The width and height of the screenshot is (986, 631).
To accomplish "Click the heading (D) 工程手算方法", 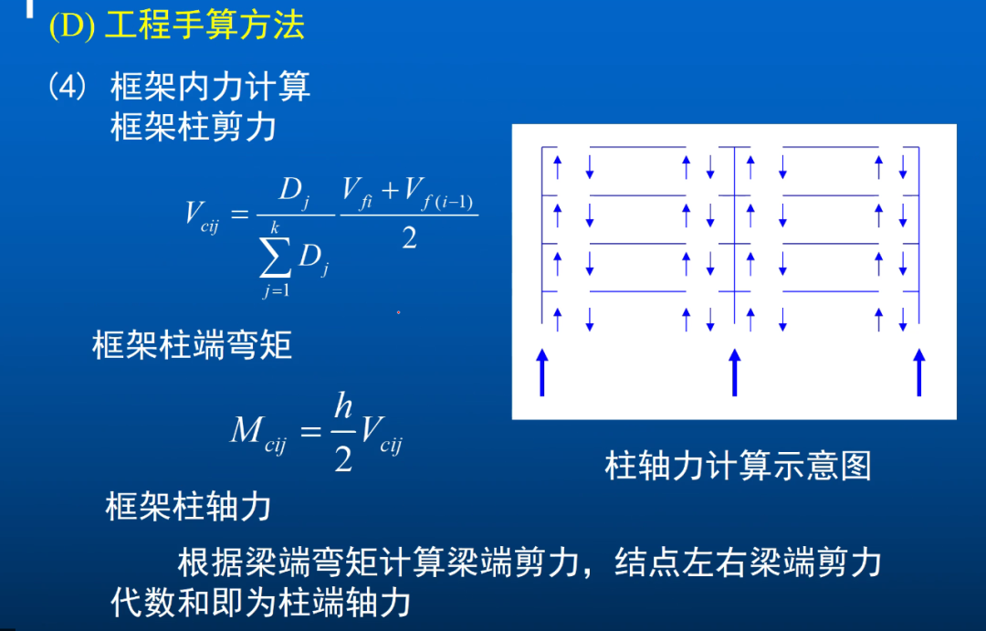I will pos(176,26).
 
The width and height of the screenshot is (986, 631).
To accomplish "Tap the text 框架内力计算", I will pos(210,87).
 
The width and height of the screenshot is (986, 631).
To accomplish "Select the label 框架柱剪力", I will pos(193,127).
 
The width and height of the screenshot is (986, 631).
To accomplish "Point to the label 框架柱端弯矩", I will pos(192,346).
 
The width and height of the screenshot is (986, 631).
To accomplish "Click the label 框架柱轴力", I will pos(188,506).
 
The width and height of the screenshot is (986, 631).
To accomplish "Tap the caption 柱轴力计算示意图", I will pos(738,466).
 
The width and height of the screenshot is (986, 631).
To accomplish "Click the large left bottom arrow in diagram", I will pos(542,372).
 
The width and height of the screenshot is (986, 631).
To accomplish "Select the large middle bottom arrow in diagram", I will pos(735,372).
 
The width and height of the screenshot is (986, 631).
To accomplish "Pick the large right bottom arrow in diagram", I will pos(919,372).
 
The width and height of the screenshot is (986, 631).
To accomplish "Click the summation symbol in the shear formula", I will pos(275,260).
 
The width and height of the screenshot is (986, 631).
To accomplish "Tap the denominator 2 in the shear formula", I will pos(409,238).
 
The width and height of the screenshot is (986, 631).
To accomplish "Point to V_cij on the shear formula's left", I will pos(202,216).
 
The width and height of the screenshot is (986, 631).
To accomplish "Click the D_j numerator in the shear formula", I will pos(294,193).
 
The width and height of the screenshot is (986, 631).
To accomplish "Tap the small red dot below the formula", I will pos(398,312).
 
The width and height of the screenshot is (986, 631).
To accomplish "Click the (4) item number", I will pos(68,87).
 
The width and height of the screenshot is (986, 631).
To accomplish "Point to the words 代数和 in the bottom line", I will pos(152,603).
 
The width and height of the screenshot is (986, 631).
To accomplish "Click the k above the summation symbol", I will pos(274,226).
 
